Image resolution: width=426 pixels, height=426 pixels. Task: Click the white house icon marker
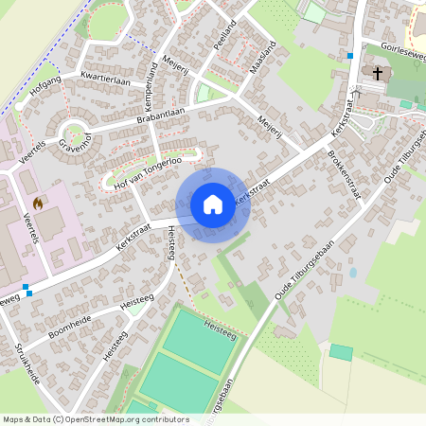click(213, 204)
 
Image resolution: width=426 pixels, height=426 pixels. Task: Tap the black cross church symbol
click(378, 73)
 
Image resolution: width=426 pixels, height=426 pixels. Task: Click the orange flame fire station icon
click(38, 203)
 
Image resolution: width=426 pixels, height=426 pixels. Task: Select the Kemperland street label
click(151, 82)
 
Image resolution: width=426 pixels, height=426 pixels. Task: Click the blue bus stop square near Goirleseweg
click(350, 55)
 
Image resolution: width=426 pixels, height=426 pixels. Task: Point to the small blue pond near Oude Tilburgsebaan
click(353, 272)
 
